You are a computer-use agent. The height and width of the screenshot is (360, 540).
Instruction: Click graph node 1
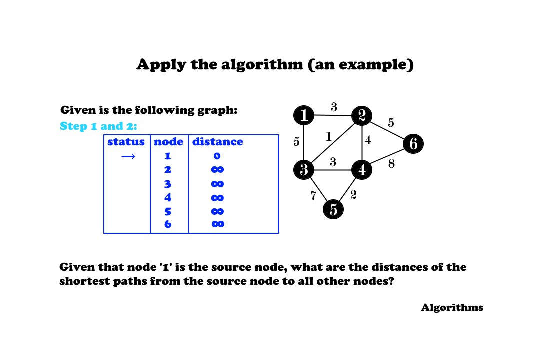[304, 116]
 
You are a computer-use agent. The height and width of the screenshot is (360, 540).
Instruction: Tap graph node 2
[361, 116]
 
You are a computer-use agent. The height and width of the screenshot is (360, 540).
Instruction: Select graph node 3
[304, 170]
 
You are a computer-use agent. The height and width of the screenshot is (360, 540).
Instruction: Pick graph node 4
[362, 170]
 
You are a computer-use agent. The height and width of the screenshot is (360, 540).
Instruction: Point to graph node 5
[333, 209]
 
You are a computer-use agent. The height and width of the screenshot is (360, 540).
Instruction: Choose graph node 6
[413, 144]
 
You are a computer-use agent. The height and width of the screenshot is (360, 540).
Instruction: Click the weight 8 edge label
[391, 163]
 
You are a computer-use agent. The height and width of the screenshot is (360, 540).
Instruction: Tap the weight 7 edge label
[313, 196]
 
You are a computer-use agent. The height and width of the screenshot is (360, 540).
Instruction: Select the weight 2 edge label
[353, 195]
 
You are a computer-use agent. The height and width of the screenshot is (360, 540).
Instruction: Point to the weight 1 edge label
[328, 136]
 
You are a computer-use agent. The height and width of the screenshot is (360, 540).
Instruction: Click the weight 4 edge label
[368, 140]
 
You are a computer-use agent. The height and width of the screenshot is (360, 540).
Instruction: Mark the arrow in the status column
[128, 157]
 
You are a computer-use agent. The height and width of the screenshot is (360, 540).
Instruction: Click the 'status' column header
[126, 142]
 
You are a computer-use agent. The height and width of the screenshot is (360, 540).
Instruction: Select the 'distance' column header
[218, 142]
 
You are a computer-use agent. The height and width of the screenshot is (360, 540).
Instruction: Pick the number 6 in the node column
[168, 224]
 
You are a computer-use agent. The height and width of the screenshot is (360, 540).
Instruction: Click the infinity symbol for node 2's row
[218, 170]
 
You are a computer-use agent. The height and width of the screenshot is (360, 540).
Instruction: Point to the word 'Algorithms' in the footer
[452, 307]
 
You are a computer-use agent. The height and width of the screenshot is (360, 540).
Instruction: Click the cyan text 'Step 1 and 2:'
[98, 126]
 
